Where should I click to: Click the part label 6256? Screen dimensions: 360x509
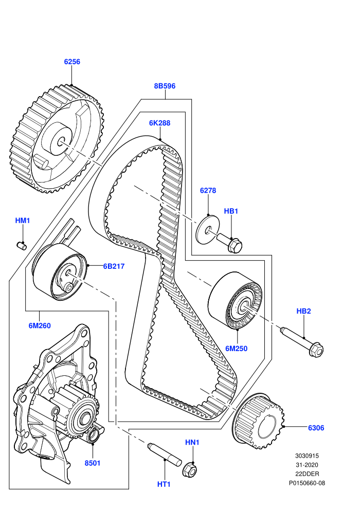(x=72, y=62)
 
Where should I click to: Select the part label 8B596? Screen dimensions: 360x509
(x=165, y=86)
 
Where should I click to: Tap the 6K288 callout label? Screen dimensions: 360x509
(x=160, y=123)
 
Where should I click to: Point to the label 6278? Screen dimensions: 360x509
(x=208, y=191)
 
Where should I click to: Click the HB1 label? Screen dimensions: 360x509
(x=231, y=211)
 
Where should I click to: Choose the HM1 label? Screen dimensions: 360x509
(x=23, y=221)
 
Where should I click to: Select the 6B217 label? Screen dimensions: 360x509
(x=114, y=266)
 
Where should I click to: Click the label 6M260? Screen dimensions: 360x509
(x=40, y=325)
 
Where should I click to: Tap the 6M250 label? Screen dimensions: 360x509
(x=237, y=349)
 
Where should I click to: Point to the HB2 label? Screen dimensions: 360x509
(x=304, y=311)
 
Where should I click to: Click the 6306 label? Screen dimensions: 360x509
(x=316, y=428)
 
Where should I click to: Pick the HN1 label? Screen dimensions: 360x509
(x=192, y=443)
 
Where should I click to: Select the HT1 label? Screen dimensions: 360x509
(x=164, y=484)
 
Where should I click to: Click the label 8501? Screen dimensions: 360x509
(x=93, y=463)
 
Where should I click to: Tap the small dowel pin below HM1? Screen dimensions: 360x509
(x=22, y=246)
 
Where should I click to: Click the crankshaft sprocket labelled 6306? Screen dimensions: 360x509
(x=259, y=422)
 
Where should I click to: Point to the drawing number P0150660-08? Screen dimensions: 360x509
(x=307, y=483)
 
